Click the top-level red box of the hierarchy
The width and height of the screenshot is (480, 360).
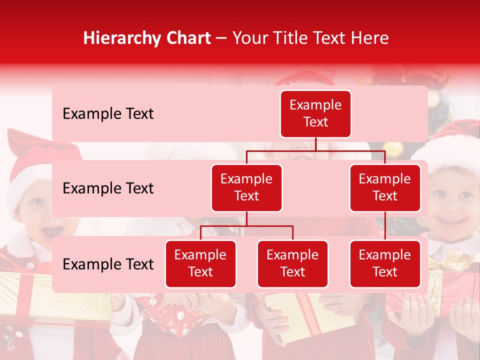[x=315, y=113]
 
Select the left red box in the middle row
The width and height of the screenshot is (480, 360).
[x=246, y=187]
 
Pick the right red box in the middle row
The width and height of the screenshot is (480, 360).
[x=385, y=187]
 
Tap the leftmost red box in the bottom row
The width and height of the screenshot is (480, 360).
[x=200, y=263]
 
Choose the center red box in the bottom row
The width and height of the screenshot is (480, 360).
[x=292, y=263]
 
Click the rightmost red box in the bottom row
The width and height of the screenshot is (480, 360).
[x=385, y=263]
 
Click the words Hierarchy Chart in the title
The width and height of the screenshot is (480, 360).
[x=147, y=38]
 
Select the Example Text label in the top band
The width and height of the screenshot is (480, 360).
[x=108, y=114]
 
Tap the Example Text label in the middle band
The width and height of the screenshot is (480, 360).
[x=108, y=188]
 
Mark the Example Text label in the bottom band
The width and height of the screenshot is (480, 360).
[x=108, y=264]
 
